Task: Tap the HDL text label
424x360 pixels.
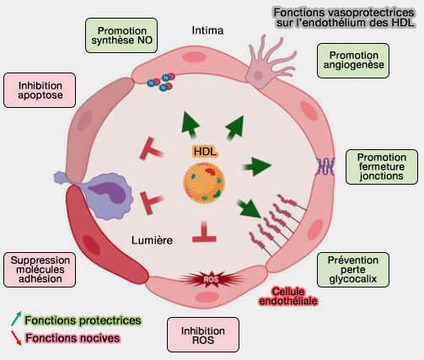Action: point(205,150)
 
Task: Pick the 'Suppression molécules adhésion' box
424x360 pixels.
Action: point(39,269)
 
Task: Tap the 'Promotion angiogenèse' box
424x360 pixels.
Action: point(352,62)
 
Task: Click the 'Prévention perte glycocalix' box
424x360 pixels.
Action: point(352,269)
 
